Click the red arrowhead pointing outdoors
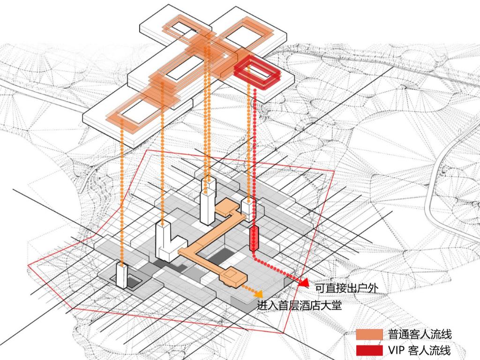coord(303,282)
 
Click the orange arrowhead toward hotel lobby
coord(257,294)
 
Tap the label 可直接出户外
coord(345,289)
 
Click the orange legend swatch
coord(369,334)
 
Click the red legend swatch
coord(369,350)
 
